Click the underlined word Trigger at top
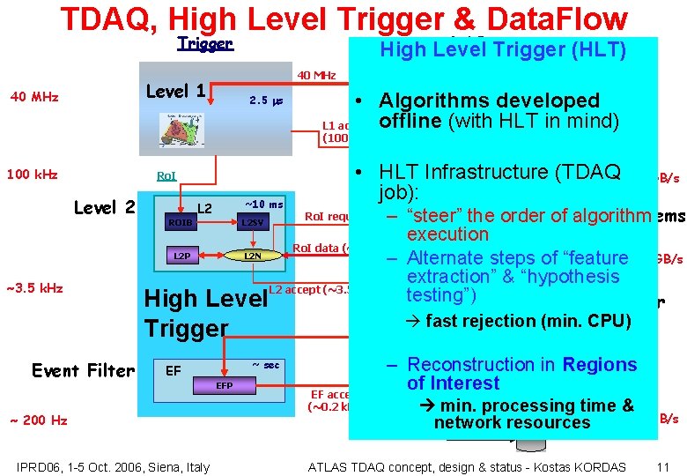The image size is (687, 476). pyautogui.click(x=204, y=43)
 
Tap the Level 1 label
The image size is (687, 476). pyautogui.click(x=175, y=91)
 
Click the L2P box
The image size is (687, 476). pyautogui.click(x=181, y=256)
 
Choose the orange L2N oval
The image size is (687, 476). pyautogui.click(x=252, y=256)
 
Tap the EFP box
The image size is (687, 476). pyautogui.click(x=225, y=386)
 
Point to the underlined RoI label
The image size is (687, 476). pyautogui.click(x=166, y=176)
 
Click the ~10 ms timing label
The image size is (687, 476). pyautogui.click(x=263, y=205)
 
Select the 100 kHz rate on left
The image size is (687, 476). pyautogui.click(x=32, y=175)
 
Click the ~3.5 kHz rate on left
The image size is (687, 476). pyautogui.click(x=34, y=287)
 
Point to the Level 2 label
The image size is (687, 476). pyautogui.click(x=104, y=208)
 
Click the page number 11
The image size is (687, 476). pyautogui.click(x=663, y=466)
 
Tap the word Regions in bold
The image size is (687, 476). pyautogui.click(x=599, y=365)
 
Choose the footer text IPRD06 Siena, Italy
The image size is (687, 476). pyautogui.click(x=113, y=466)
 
